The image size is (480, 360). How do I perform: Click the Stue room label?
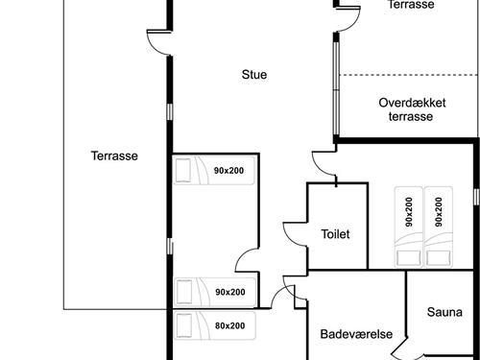254,75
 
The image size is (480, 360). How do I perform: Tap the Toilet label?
335,234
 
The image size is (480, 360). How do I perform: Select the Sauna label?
444,312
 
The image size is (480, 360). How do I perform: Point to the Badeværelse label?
356,334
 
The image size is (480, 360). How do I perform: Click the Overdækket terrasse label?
412,109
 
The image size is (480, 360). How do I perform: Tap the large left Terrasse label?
114,156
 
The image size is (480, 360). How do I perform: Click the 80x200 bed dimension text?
229,325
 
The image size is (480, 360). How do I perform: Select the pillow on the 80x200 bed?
184,325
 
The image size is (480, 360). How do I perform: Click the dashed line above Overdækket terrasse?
408,75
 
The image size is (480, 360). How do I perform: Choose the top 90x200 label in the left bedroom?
228,171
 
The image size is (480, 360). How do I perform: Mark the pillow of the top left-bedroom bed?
183,170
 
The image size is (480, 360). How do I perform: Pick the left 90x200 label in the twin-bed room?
409,212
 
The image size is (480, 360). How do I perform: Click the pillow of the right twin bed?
438,258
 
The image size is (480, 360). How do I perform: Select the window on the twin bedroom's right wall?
476,197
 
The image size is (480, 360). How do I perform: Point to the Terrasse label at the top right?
411,5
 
